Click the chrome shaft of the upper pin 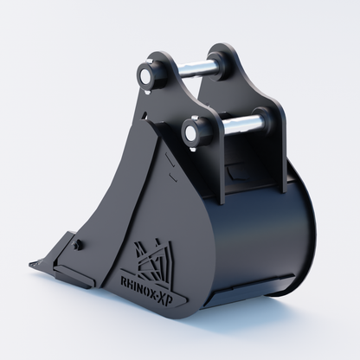tap(191, 69)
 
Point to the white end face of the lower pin tap(190, 132)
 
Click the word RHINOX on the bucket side tap(138, 285)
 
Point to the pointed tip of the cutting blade tap(29, 264)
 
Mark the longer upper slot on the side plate tap(170, 158)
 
